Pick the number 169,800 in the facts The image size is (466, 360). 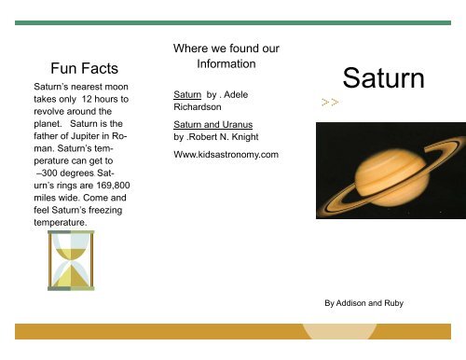point(103,185)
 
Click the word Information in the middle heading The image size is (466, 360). point(226,64)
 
